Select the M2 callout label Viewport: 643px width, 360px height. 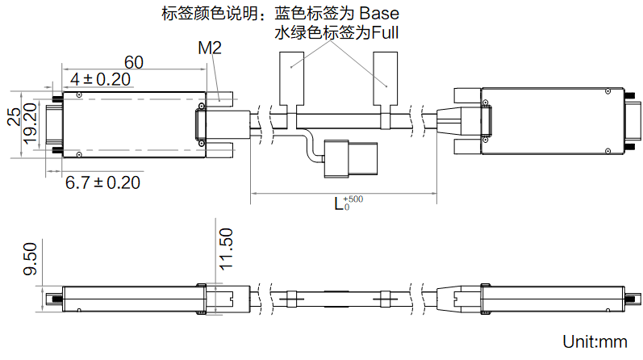[x=210, y=48]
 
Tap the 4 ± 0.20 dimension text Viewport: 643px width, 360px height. [x=100, y=79]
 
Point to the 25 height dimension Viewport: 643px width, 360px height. [x=13, y=117]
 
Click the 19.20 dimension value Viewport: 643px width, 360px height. [x=31, y=123]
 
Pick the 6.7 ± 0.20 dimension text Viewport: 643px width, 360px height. [x=102, y=182]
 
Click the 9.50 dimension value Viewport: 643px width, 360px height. [x=30, y=258]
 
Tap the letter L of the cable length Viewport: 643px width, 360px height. [x=339, y=204]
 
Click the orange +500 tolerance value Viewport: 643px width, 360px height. [x=353, y=199]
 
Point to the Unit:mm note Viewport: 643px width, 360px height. [x=595, y=342]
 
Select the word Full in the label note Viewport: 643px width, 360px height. [x=384, y=33]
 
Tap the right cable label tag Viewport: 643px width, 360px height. [x=386, y=79]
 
